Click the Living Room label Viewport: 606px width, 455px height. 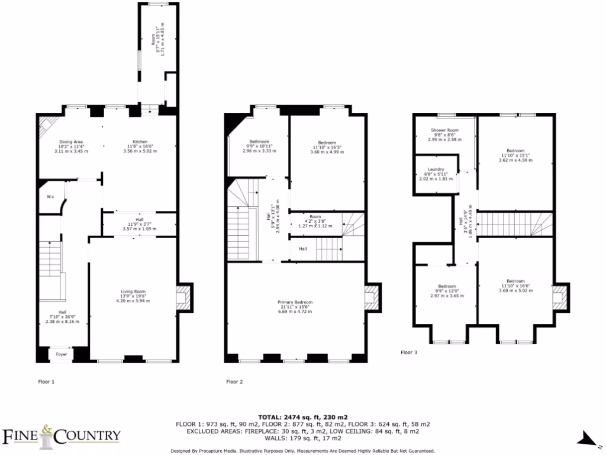[x=133, y=291]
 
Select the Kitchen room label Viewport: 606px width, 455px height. [x=140, y=142]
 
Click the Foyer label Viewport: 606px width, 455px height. [x=62, y=354]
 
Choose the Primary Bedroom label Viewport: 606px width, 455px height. [x=295, y=302]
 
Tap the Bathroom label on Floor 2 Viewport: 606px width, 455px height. [x=259, y=142]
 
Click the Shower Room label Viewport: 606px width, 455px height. [x=444, y=130]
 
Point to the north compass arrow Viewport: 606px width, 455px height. [x=588, y=438]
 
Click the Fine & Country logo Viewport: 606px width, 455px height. [x=62, y=435]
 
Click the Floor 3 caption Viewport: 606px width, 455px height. [x=409, y=353]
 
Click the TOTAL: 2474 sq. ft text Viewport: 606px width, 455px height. [x=302, y=416]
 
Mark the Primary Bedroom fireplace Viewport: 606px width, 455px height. [x=372, y=296]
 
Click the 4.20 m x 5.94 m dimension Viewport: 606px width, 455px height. [x=133, y=301]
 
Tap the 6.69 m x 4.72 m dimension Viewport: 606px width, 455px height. [x=295, y=312]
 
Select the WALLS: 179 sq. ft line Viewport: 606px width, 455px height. [x=302, y=438]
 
